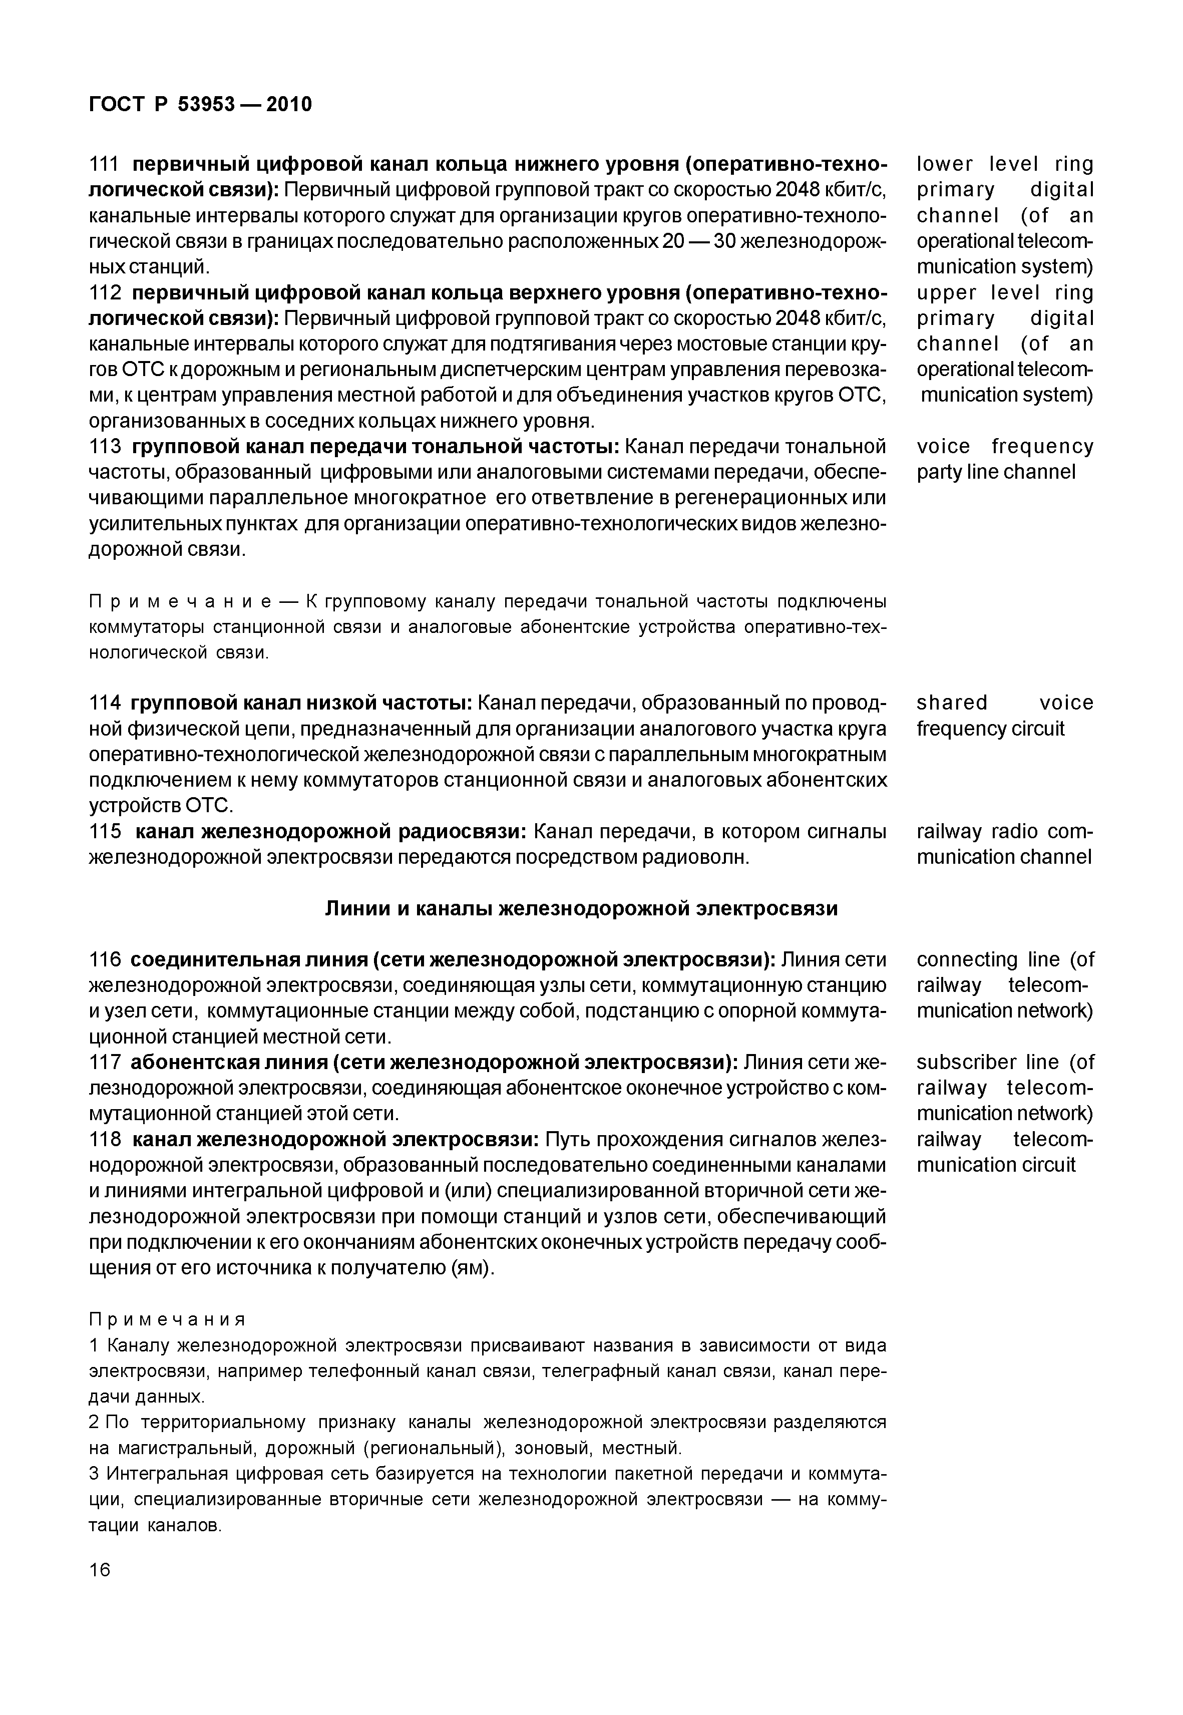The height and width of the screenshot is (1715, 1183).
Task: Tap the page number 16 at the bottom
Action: [x=99, y=1569]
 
